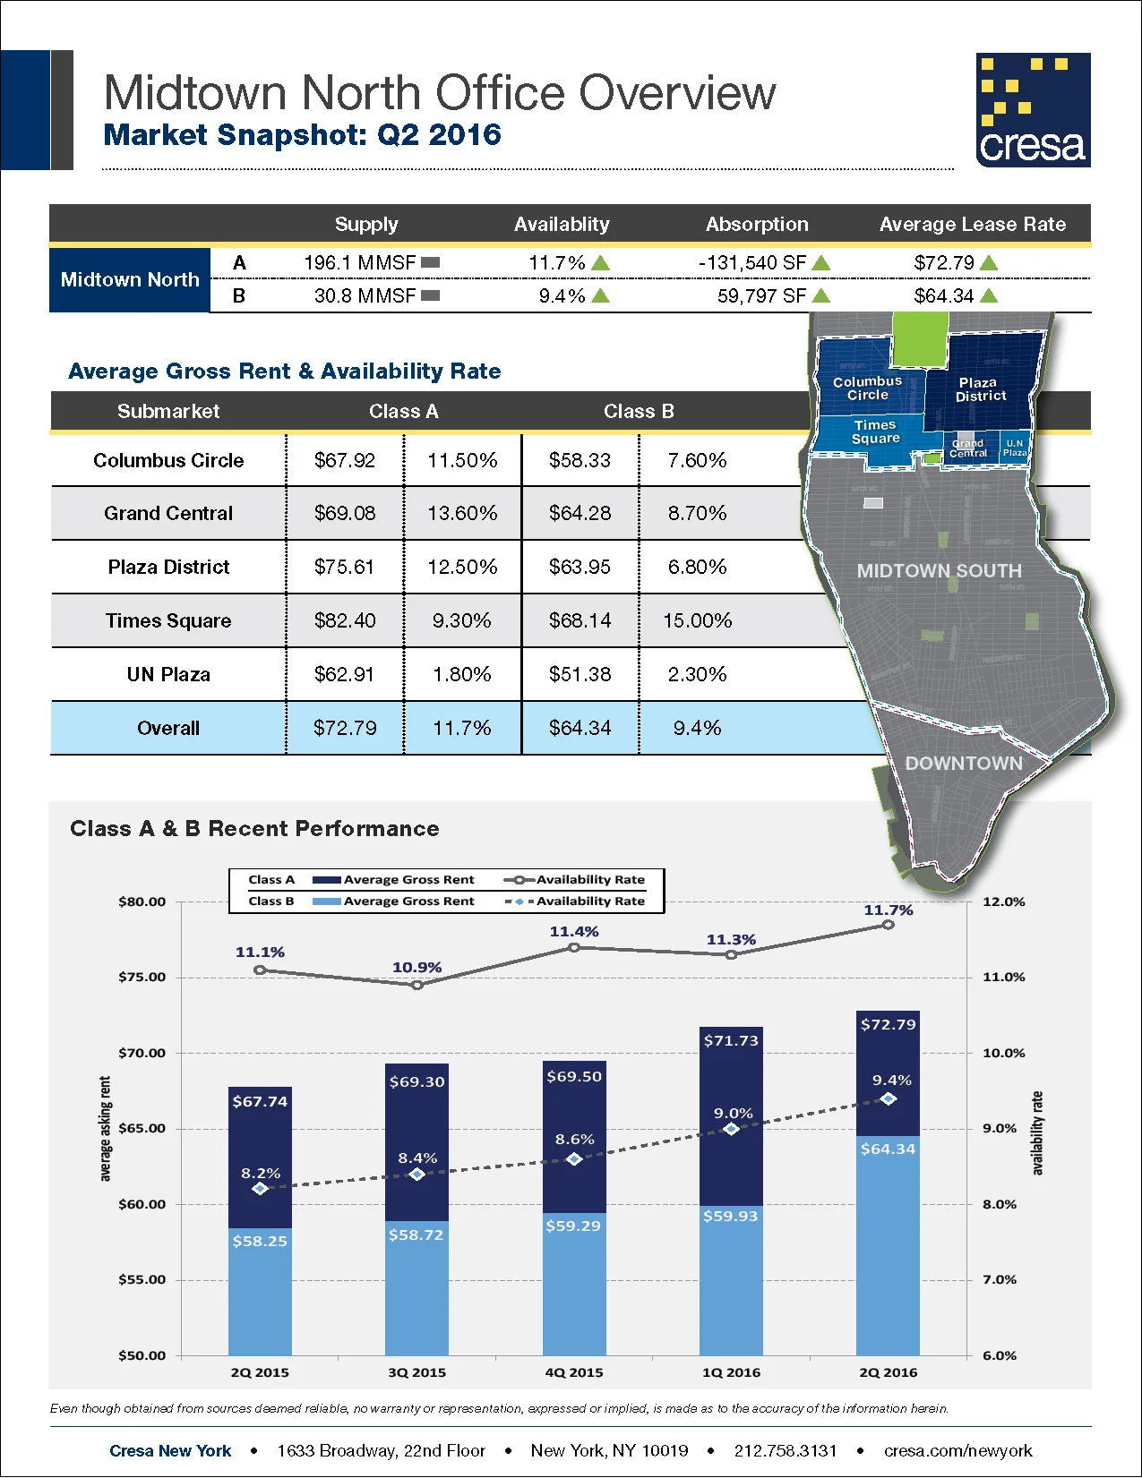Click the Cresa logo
(1033, 110)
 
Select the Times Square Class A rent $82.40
(345, 620)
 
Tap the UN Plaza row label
(168, 674)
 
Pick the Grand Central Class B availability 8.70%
(697, 513)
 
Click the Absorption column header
(757, 224)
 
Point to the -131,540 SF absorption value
(752, 263)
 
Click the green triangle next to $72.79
(989, 263)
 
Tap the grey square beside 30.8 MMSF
(430, 295)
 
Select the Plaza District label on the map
(980, 389)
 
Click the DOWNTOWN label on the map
(964, 763)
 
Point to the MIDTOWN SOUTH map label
(939, 570)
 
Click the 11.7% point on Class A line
(888, 925)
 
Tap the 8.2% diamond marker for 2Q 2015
(260, 1189)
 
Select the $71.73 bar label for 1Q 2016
(731, 1040)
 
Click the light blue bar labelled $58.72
(416, 1289)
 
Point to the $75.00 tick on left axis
(142, 977)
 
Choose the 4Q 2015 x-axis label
(574, 1372)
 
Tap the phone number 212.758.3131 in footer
(785, 1450)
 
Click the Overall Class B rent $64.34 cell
(580, 728)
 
